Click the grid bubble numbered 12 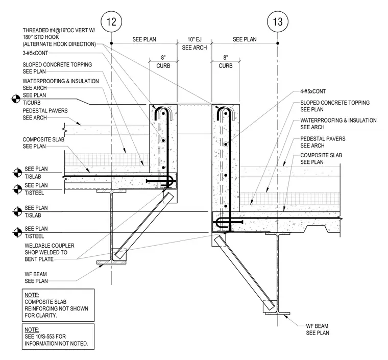(x=111, y=22)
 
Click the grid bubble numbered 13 (x=278, y=22)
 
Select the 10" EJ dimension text (x=194, y=39)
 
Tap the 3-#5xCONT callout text (x=35, y=53)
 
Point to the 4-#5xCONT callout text (x=313, y=91)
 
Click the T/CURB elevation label (x=32, y=103)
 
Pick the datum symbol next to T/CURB (x=16, y=99)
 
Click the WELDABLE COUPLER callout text (x=50, y=252)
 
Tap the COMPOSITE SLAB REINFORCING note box (x=58, y=305)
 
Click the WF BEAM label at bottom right (x=318, y=329)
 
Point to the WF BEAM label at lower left (x=36, y=277)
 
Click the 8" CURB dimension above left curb (x=163, y=62)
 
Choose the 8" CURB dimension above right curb (x=226, y=62)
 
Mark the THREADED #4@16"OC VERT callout (x=59, y=37)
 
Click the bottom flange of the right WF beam (x=277, y=314)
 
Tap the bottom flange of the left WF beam (x=111, y=262)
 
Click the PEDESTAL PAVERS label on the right (x=323, y=142)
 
